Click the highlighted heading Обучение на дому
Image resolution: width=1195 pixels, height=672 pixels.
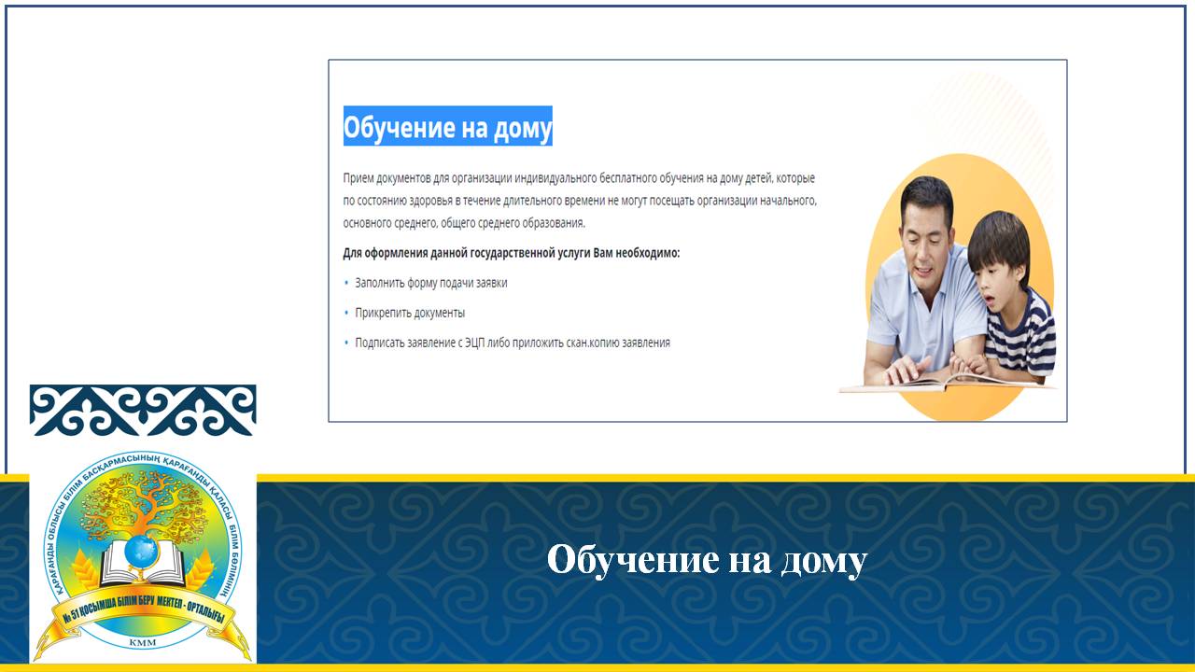tap(447, 126)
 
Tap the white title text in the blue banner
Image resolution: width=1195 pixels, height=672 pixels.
tap(707, 561)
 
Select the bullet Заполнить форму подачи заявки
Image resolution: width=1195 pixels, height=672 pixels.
tap(431, 283)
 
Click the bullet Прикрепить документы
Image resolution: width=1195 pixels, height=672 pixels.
tap(410, 313)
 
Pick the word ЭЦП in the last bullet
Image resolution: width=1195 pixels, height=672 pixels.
tap(474, 343)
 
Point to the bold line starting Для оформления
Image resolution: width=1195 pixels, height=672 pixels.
tap(511, 253)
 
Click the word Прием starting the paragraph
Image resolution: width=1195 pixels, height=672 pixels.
tap(358, 178)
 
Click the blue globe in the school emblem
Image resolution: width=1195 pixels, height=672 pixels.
tap(141, 552)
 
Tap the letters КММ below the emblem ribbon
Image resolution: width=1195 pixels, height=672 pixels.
tap(143, 642)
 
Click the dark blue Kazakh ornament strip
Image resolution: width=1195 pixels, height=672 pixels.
tap(143, 410)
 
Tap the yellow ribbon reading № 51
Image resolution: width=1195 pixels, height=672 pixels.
tap(143, 613)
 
